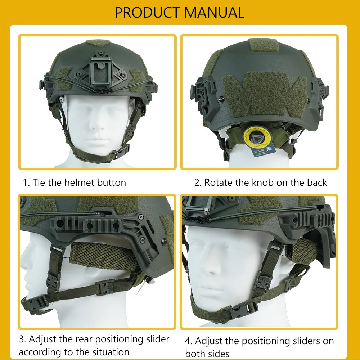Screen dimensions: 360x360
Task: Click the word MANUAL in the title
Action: [215, 12]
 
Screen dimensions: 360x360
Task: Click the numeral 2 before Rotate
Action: [197, 183]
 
